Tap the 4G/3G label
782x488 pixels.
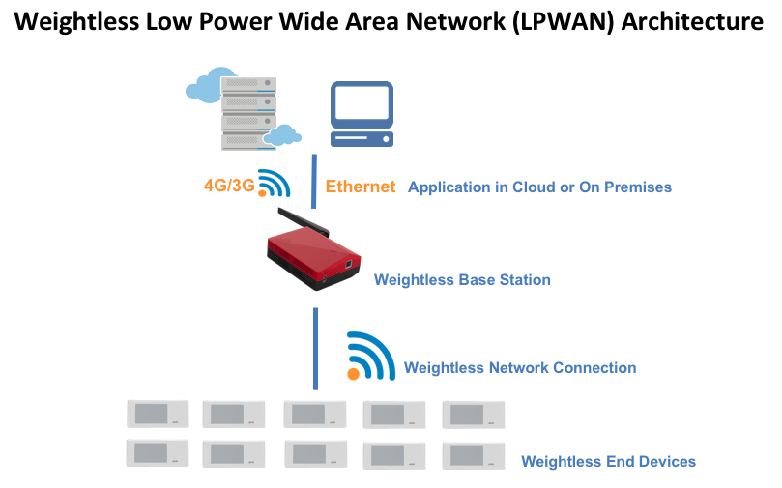coord(229,185)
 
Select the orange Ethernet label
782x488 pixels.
coord(361,187)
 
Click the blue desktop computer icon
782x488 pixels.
coord(362,113)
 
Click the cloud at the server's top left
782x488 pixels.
coord(210,85)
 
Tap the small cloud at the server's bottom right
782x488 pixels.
coord(282,135)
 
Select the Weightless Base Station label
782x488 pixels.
coord(462,280)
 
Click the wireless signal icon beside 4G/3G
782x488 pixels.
coord(275,184)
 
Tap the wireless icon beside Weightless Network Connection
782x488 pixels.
coord(371,357)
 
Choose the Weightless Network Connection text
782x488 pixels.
coord(520,367)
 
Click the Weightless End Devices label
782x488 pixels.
coord(608,461)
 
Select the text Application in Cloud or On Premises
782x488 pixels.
coord(539,187)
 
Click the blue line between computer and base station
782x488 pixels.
coord(314,180)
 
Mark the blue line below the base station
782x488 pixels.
coord(314,348)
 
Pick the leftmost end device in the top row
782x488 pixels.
coord(156,414)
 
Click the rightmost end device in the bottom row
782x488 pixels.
coord(473,454)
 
